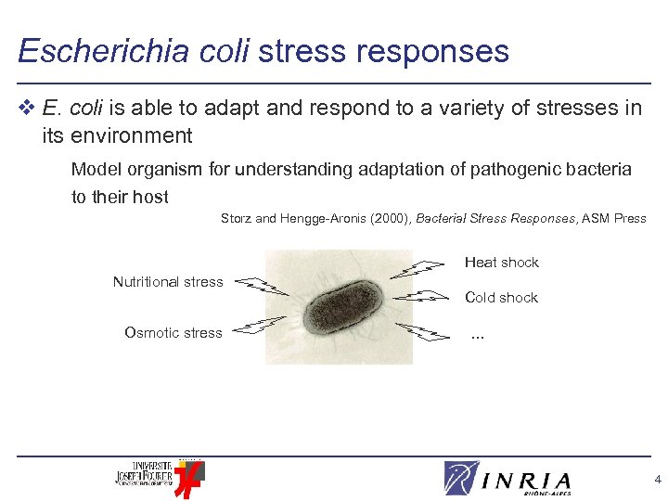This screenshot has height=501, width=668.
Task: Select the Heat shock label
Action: coord(501,263)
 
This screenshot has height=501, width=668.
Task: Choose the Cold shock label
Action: coord(501,298)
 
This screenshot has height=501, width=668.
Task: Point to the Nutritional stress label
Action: coord(168,282)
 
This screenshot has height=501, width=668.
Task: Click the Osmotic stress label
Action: coord(173,333)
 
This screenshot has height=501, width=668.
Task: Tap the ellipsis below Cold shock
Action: coord(477,335)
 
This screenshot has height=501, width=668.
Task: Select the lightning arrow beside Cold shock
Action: coord(422,297)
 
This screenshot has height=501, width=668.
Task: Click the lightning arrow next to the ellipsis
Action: coord(422,332)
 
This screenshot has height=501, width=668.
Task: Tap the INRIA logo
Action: coord(507,479)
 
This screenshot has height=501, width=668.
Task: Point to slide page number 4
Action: coord(657,480)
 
